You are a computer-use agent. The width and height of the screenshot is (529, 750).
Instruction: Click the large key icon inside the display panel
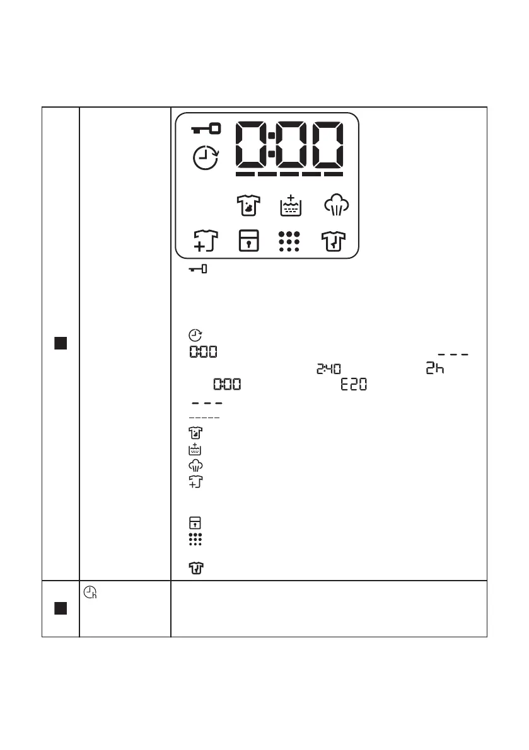tap(206, 129)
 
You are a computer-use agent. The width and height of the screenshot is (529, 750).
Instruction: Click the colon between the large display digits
tap(270, 144)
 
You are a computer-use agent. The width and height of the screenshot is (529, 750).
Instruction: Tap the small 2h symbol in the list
tap(434, 369)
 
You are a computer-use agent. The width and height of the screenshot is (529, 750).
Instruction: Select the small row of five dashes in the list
tap(203, 418)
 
